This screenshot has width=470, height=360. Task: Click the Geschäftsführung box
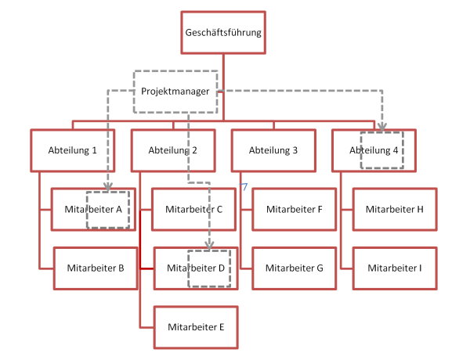[x=223, y=33]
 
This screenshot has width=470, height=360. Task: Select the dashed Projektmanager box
[x=175, y=90]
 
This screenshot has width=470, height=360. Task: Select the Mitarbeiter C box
[x=193, y=209]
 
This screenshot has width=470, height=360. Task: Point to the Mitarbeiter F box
[x=295, y=209]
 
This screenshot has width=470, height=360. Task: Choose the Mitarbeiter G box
[x=295, y=268]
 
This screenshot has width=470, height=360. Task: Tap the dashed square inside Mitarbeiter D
[x=210, y=268]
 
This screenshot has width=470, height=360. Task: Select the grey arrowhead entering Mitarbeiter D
[x=209, y=246]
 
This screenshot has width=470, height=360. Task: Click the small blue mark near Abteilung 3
[x=244, y=187]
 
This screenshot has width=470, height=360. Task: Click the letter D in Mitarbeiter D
[x=221, y=268]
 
